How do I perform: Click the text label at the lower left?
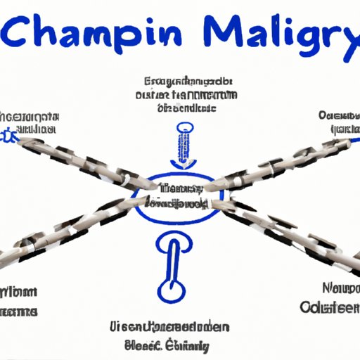[19, 301]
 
